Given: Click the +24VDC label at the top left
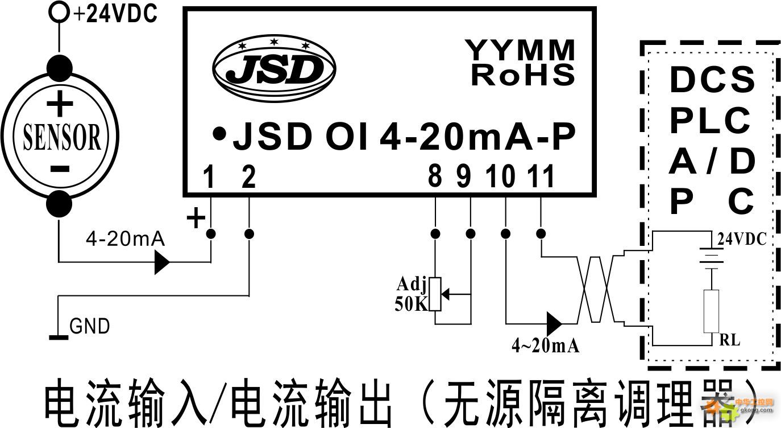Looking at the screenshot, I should coord(115,14).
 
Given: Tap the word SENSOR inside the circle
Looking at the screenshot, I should coord(61,137).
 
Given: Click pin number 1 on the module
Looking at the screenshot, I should coord(210,178).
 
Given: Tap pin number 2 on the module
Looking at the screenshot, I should coord(248,178).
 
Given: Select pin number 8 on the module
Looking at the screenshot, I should coord(435,178).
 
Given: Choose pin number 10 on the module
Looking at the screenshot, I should coord(505,178).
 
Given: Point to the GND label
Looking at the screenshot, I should coord(89,327).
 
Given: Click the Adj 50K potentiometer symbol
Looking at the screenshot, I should coord(435,294).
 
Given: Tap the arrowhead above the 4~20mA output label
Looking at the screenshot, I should coord(554,323).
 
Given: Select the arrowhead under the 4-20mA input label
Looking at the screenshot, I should coord(162,262).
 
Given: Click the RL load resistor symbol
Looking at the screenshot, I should coord(711,311).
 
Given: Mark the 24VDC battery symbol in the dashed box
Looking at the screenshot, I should coord(711,258).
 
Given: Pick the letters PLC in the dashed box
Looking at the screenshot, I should coord(709,120).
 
